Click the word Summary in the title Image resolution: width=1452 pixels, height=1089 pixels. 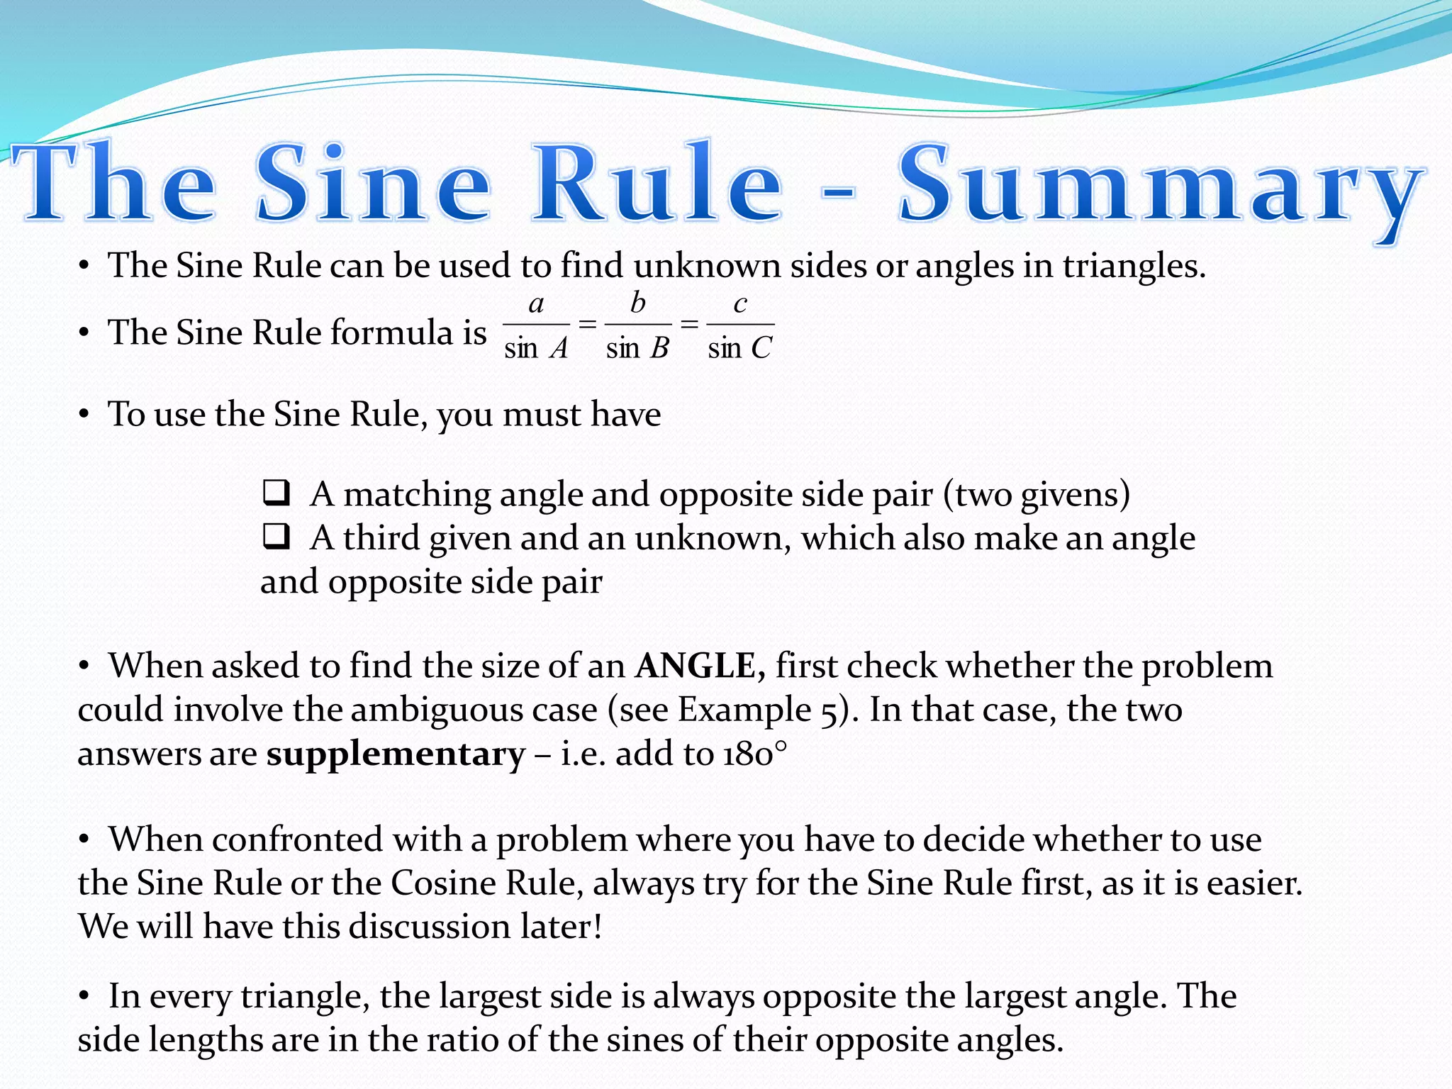coord(1159,186)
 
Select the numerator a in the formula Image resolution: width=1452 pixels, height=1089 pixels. coord(536,303)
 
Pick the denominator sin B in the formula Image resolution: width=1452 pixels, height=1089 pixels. coord(637,348)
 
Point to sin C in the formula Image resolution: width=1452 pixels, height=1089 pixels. coord(739,348)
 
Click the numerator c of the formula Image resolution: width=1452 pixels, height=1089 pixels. coord(739,304)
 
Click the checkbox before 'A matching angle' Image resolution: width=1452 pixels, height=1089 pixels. coord(276,493)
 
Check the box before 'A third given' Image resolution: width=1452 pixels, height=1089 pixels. coord(276,537)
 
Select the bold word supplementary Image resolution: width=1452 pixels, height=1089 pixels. coord(396,754)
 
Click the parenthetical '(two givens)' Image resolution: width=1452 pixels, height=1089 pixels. coord(1036,495)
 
